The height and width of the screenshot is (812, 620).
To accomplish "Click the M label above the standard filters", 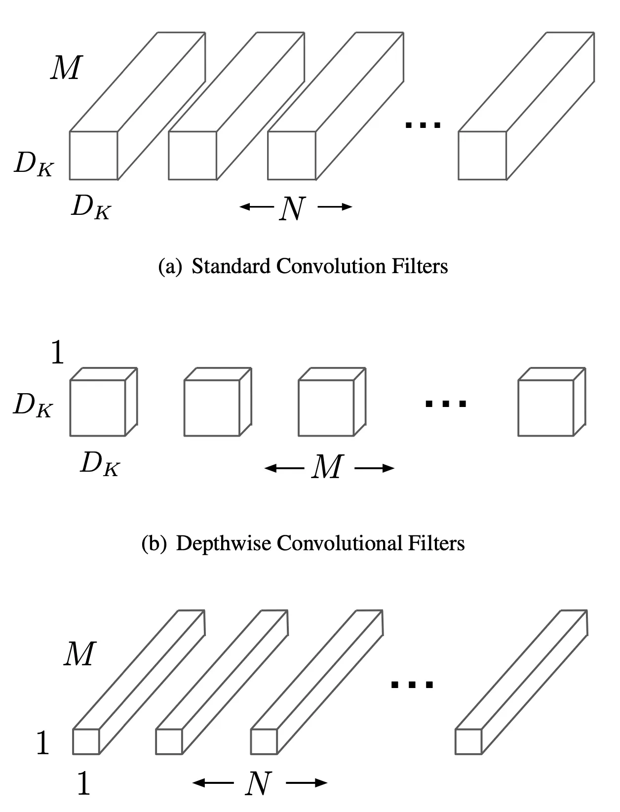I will click(x=66, y=68).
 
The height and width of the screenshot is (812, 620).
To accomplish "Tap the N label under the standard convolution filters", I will click(x=292, y=208).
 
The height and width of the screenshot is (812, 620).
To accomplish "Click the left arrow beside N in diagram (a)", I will click(x=255, y=207).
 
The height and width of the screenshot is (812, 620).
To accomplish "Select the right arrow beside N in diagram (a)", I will click(x=335, y=207).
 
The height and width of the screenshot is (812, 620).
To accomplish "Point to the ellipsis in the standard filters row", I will click(x=423, y=124).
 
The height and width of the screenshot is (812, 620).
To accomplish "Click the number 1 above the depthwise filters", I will click(x=58, y=354).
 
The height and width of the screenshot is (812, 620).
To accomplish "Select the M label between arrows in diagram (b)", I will click(x=327, y=467).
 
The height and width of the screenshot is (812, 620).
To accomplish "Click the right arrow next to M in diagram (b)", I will click(x=375, y=468).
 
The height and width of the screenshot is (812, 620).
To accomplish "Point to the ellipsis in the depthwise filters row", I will click(x=446, y=404).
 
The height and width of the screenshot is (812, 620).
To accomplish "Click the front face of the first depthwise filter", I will click(x=98, y=408).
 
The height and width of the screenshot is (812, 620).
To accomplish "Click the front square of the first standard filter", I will click(x=93, y=156).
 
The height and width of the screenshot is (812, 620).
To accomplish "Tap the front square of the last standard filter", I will click(x=482, y=156).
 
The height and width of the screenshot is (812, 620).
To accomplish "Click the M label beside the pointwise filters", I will click(x=79, y=654).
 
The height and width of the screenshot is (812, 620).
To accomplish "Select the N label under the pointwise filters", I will click(x=259, y=783).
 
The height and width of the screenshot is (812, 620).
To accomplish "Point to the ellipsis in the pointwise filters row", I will click(x=412, y=685).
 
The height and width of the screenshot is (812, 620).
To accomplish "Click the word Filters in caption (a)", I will click(x=420, y=266).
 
